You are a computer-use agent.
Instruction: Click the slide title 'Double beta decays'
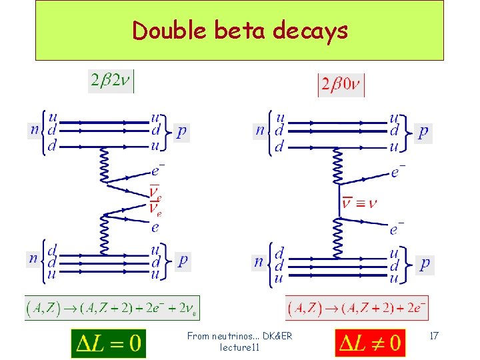pyautogui.click(x=239, y=31)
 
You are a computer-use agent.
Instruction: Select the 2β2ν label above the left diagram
pyautogui.click(x=111, y=81)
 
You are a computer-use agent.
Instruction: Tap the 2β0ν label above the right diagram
pyautogui.click(x=341, y=85)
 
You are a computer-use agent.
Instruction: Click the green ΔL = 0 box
pyautogui.click(x=108, y=343)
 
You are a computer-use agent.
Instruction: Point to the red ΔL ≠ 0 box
pyautogui.click(x=369, y=343)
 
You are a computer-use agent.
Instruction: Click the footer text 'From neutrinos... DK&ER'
pyautogui.click(x=239, y=336)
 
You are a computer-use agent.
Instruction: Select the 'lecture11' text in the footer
pyautogui.click(x=239, y=347)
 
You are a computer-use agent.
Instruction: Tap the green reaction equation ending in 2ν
pyautogui.click(x=111, y=308)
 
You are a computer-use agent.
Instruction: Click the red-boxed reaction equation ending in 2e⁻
pyautogui.click(x=357, y=308)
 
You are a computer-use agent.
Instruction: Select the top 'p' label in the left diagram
pyautogui.click(x=182, y=131)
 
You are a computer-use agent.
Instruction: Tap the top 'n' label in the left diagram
pyautogui.click(x=34, y=130)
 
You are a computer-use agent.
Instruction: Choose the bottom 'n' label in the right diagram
pyautogui.click(x=259, y=262)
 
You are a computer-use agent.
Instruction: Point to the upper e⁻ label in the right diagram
pyautogui.click(x=397, y=173)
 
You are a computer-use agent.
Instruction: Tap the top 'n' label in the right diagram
pyautogui.click(x=260, y=130)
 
